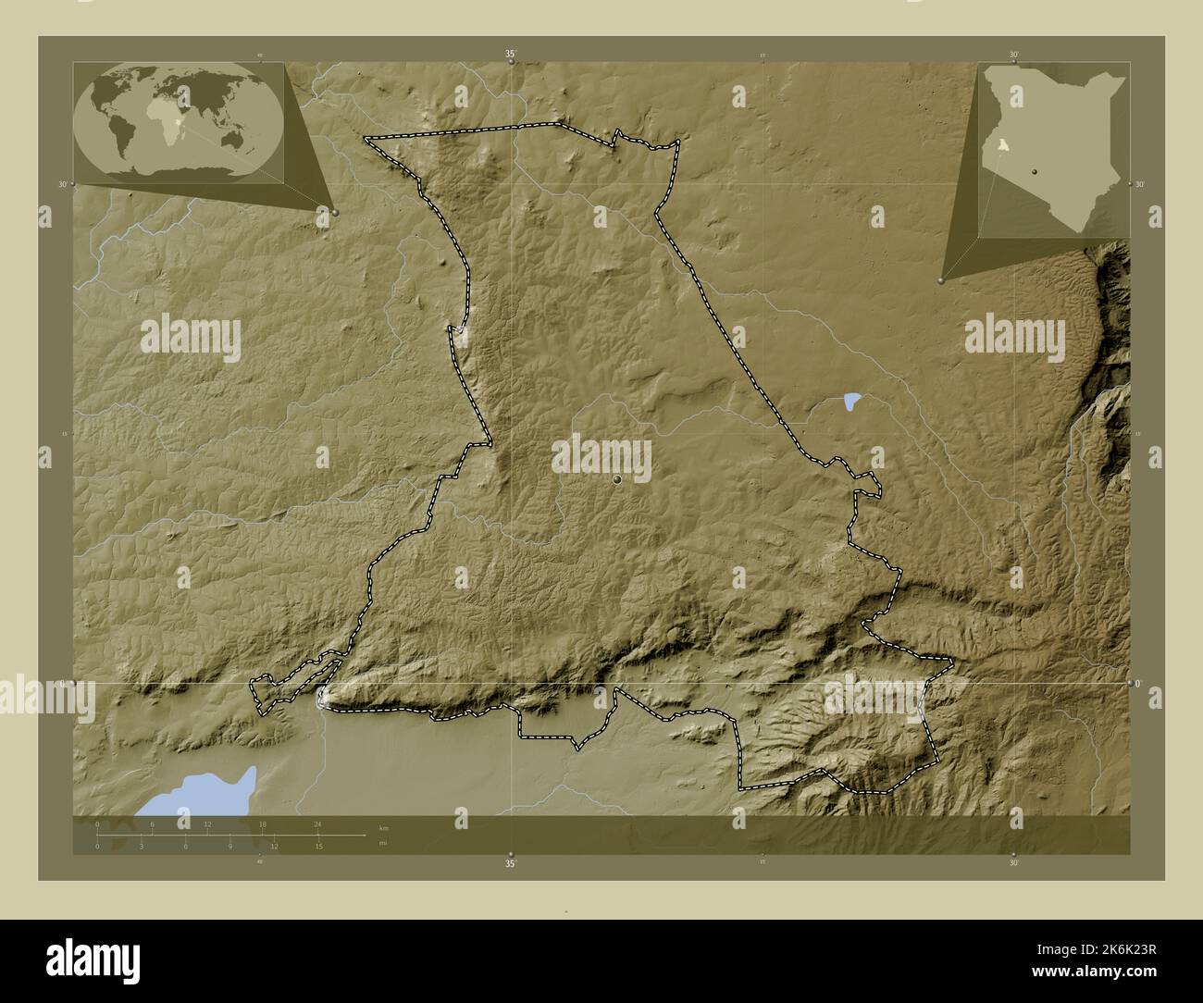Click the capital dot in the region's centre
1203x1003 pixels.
[x=617, y=479]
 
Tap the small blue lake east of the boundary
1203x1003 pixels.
[x=851, y=401]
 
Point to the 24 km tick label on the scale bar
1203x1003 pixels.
[x=317, y=823]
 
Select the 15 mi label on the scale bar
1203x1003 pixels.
[x=318, y=847]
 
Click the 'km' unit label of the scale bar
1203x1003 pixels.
[x=383, y=825]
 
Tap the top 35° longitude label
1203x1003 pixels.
[x=510, y=55]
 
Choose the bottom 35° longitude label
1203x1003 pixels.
[x=510, y=864]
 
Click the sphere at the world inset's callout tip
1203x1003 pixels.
[x=335, y=213]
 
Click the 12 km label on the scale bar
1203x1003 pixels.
[x=207, y=823]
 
